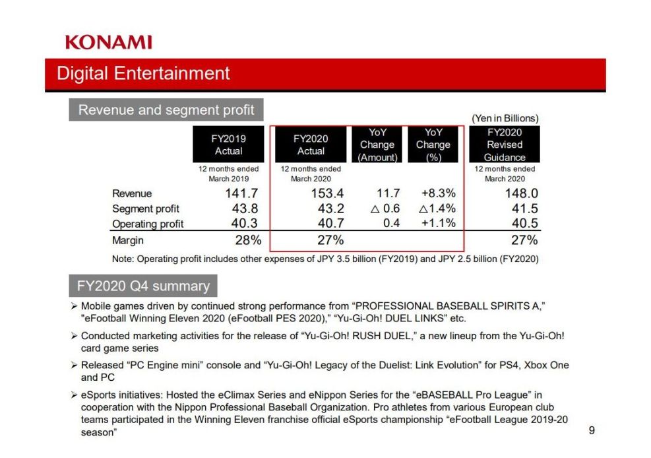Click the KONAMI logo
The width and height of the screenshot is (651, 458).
pos(108,42)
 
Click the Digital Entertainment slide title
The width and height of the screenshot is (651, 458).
pos(143,73)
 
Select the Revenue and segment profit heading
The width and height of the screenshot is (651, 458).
pos(166,110)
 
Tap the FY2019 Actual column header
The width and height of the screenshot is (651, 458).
pos(228,145)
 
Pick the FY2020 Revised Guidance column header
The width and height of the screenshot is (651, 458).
pos(505,145)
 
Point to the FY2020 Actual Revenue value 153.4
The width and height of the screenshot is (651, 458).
pos(328,193)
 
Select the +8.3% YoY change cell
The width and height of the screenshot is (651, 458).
pos(438,193)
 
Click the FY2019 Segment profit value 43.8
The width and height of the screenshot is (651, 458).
pos(243,209)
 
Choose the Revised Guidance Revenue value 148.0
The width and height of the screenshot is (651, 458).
pos(522,193)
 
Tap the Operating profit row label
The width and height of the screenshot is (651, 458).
pos(148,224)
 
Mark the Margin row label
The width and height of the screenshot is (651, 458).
pos(127,240)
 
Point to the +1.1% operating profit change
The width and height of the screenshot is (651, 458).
pos(438,223)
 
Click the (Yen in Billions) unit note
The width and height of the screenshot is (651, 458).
pos(505,118)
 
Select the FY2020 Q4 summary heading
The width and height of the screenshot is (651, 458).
pos(143,286)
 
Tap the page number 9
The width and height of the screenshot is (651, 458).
pos(591,430)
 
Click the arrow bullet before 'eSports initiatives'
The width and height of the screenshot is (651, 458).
pos(75,395)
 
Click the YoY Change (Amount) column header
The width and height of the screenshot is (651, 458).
pos(377,145)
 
